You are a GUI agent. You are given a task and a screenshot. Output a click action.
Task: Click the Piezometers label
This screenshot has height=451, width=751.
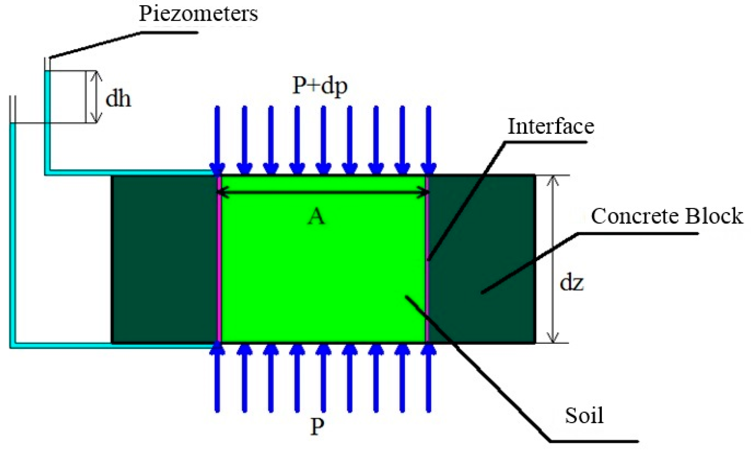pyautogui.click(x=198, y=14)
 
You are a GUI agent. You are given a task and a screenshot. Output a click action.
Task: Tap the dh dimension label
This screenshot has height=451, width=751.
pyautogui.click(x=118, y=99)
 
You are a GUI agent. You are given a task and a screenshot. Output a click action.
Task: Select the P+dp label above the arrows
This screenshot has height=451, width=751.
pyautogui.click(x=319, y=86)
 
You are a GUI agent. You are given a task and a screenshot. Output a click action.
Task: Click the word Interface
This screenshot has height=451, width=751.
pyautogui.click(x=551, y=126)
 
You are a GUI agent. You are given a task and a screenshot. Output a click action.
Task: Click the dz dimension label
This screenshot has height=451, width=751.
pyautogui.click(x=572, y=283)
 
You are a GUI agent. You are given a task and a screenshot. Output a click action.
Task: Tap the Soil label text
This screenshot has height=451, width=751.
pyautogui.click(x=584, y=415)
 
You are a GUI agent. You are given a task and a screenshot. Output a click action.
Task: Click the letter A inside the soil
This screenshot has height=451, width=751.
pyautogui.click(x=316, y=218)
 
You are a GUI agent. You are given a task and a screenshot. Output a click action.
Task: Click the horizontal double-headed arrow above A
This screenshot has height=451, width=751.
pyautogui.click(x=323, y=192)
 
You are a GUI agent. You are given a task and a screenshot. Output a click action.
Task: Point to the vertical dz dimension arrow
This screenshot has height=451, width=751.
pyautogui.click(x=553, y=258)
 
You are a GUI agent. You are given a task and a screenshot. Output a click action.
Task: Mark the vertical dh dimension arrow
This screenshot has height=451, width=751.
pyautogui.click(x=96, y=97)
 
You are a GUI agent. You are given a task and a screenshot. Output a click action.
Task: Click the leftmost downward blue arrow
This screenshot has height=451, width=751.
pyautogui.click(x=217, y=140)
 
